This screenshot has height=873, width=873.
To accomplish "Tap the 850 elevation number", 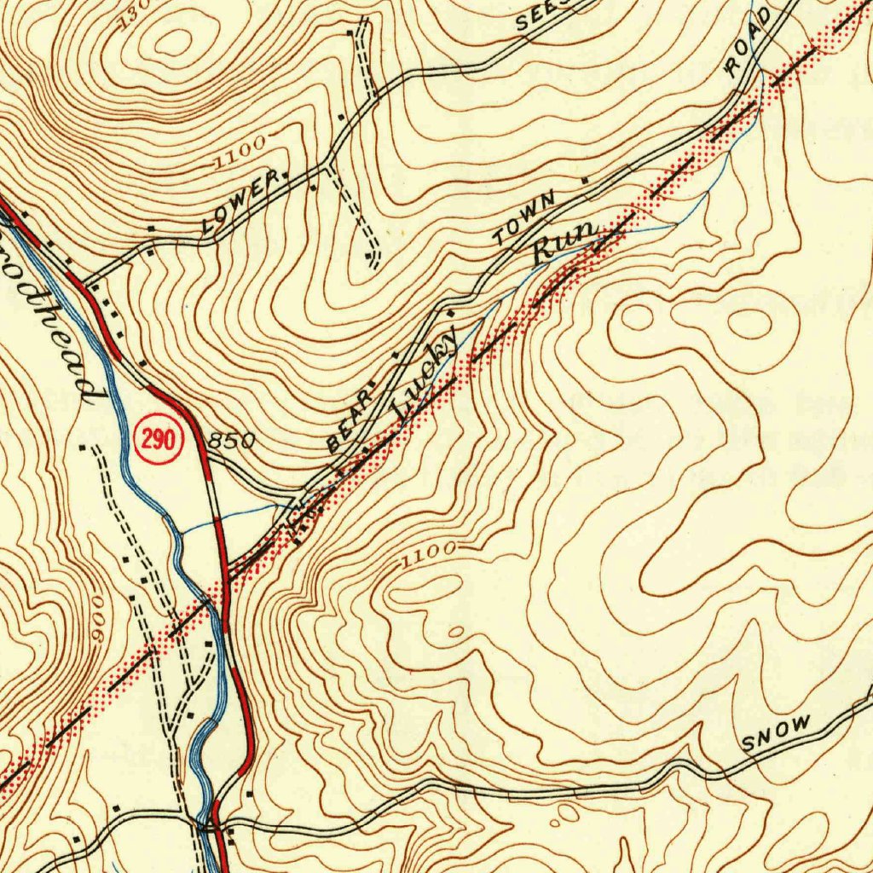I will [x=232, y=441].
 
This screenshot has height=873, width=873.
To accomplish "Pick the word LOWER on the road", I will [x=240, y=203].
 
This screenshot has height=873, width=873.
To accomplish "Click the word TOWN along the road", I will [x=527, y=219].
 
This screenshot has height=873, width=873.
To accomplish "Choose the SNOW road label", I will [x=776, y=733].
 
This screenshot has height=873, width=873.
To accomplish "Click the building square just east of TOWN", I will [x=584, y=181].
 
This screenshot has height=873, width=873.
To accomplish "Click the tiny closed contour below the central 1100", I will [x=457, y=631].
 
